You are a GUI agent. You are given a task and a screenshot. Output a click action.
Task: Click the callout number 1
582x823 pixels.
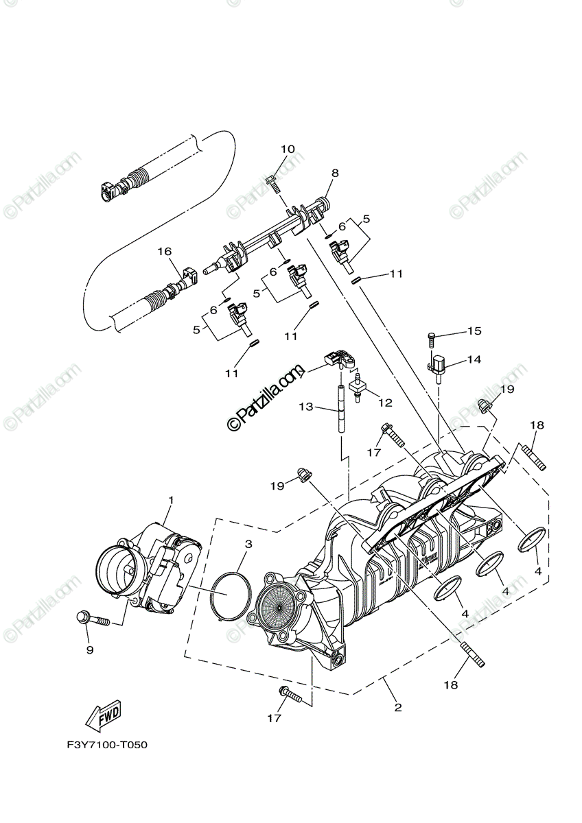point(171,500)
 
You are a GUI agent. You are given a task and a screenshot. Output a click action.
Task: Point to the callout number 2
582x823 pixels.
point(397,707)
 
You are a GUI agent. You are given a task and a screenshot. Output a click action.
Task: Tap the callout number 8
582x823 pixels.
point(335,173)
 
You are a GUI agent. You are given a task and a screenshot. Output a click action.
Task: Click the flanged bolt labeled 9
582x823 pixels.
point(93,621)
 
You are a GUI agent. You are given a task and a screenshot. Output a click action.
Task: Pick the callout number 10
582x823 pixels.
point(287,149)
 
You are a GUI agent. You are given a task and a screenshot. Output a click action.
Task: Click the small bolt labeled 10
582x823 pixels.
point(271,182)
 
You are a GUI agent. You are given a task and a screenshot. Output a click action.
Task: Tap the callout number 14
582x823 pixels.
point(474,359)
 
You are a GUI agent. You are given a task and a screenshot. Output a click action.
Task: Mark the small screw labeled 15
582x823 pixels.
point(431,337)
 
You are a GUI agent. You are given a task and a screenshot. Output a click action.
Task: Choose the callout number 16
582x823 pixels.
point(164,252)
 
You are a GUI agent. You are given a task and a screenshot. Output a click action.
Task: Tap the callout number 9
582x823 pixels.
point(89,649)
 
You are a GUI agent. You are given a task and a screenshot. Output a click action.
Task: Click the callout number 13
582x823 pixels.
point(306,407)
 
